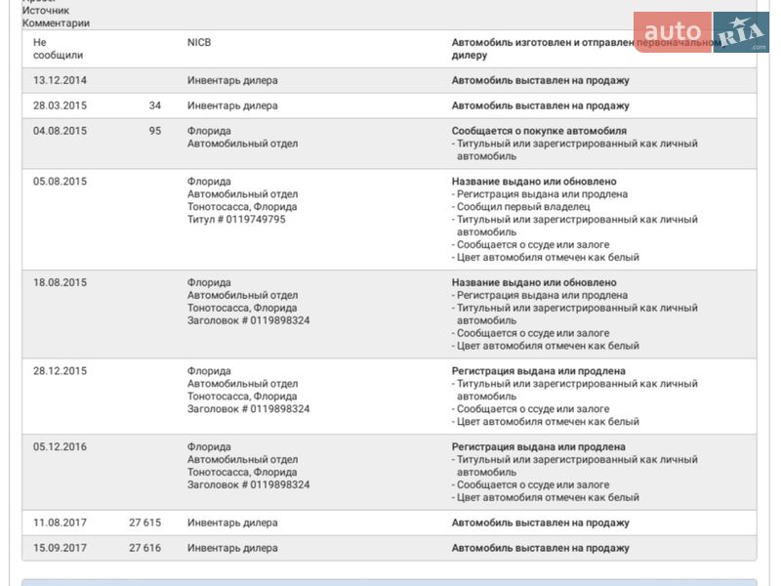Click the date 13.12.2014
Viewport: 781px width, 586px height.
(x=60, y=80)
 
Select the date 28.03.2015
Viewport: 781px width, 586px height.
(x=60, y=105)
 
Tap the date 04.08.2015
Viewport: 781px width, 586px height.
(x=60, y=131)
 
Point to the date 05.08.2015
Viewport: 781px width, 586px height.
(x=60, y=182)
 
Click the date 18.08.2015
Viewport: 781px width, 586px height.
(x=60, y=282)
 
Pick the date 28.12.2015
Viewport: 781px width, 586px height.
(x=60, y=371)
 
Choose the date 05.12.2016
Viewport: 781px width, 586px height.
(x=60, y=447)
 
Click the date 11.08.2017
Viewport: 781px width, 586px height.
(x=60, y=523)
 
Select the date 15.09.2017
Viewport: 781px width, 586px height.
(x=60, y=548)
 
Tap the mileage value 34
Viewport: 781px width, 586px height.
(x=154, y=105)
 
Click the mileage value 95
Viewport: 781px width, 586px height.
(x=154, y=131)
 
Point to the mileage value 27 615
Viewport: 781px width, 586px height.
(x=144, y=523)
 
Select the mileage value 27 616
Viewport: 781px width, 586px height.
(x=144, y=548)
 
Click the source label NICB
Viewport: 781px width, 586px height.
(x=199, y=43)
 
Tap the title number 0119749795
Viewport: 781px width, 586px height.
(x=252, y=220)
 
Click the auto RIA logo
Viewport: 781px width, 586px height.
(x=701, y=31)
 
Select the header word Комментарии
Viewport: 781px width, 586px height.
(x=56, y=22)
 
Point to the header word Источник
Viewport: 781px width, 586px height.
(x=46, y=10)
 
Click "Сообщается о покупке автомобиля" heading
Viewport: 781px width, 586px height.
(x=539, y=131)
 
